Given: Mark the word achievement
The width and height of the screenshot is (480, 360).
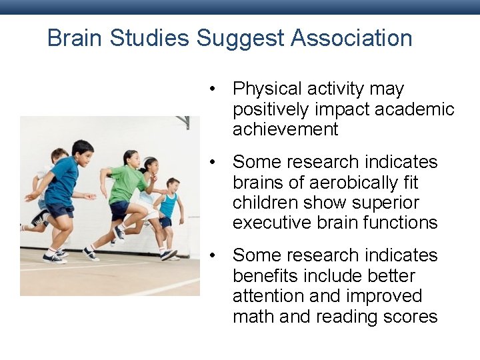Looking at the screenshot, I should (285, 129).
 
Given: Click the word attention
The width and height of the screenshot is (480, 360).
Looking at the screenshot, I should (269, 296).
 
